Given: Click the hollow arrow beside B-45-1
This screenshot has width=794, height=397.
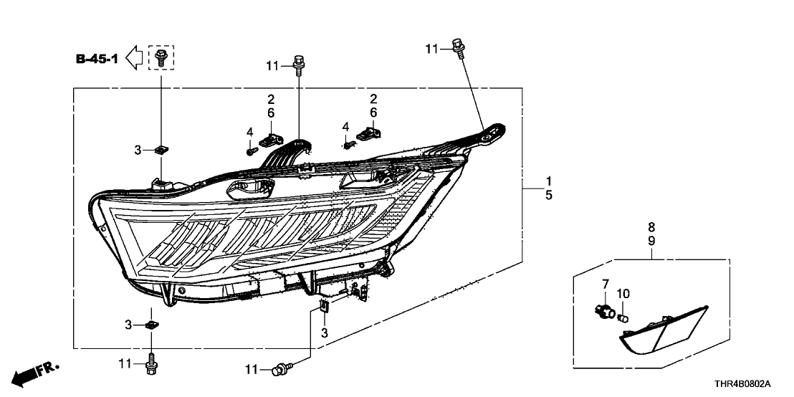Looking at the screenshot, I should click(134, 57).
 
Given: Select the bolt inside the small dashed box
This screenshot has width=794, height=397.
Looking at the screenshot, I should click(161, 57).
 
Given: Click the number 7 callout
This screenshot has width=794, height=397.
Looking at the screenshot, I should click(604, 286).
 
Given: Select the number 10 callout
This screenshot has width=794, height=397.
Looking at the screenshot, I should click(623, 293).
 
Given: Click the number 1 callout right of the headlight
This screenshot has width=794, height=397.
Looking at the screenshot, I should click(548, 180).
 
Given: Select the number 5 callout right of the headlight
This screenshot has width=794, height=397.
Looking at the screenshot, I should click(548, 194).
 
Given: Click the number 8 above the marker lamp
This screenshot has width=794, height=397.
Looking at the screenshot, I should click(651, 227).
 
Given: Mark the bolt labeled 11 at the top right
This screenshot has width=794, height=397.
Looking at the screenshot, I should click(456, 46).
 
